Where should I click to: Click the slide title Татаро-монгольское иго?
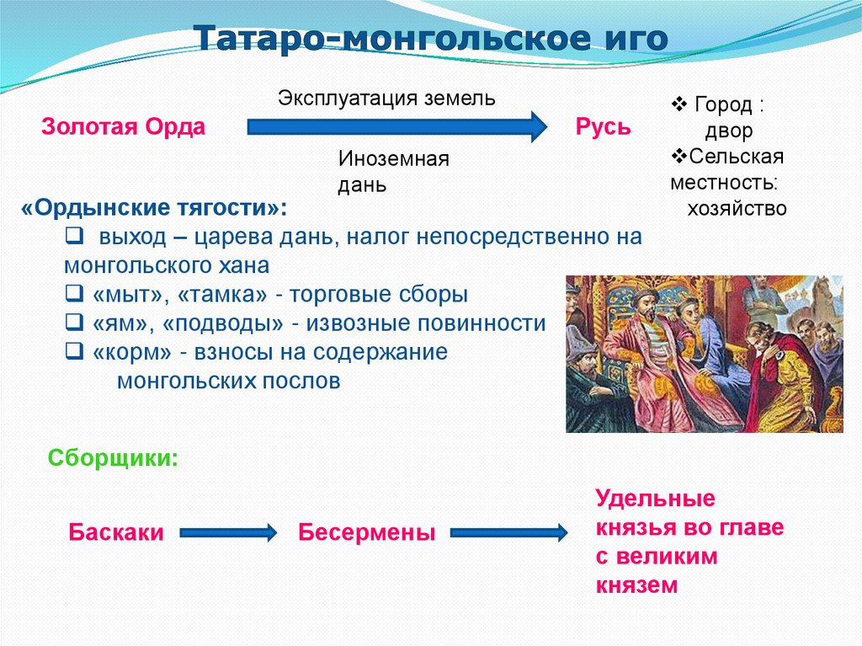tap(431, 38)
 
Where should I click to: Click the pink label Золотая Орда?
tap(124, 127)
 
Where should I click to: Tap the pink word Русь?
tap(603, 127)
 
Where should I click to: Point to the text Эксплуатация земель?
tap(387, 98)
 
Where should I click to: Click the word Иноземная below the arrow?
tap(394, 159)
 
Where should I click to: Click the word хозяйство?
tap(737, 208)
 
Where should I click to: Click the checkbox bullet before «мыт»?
tap(72, 296)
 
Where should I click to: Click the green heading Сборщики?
tap(113, 458)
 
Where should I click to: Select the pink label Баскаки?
tap(116, 532)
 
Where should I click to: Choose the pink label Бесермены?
tap(367, 532)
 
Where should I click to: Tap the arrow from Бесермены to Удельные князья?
tap(508, 532)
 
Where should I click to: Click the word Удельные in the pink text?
tap(656, 499)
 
